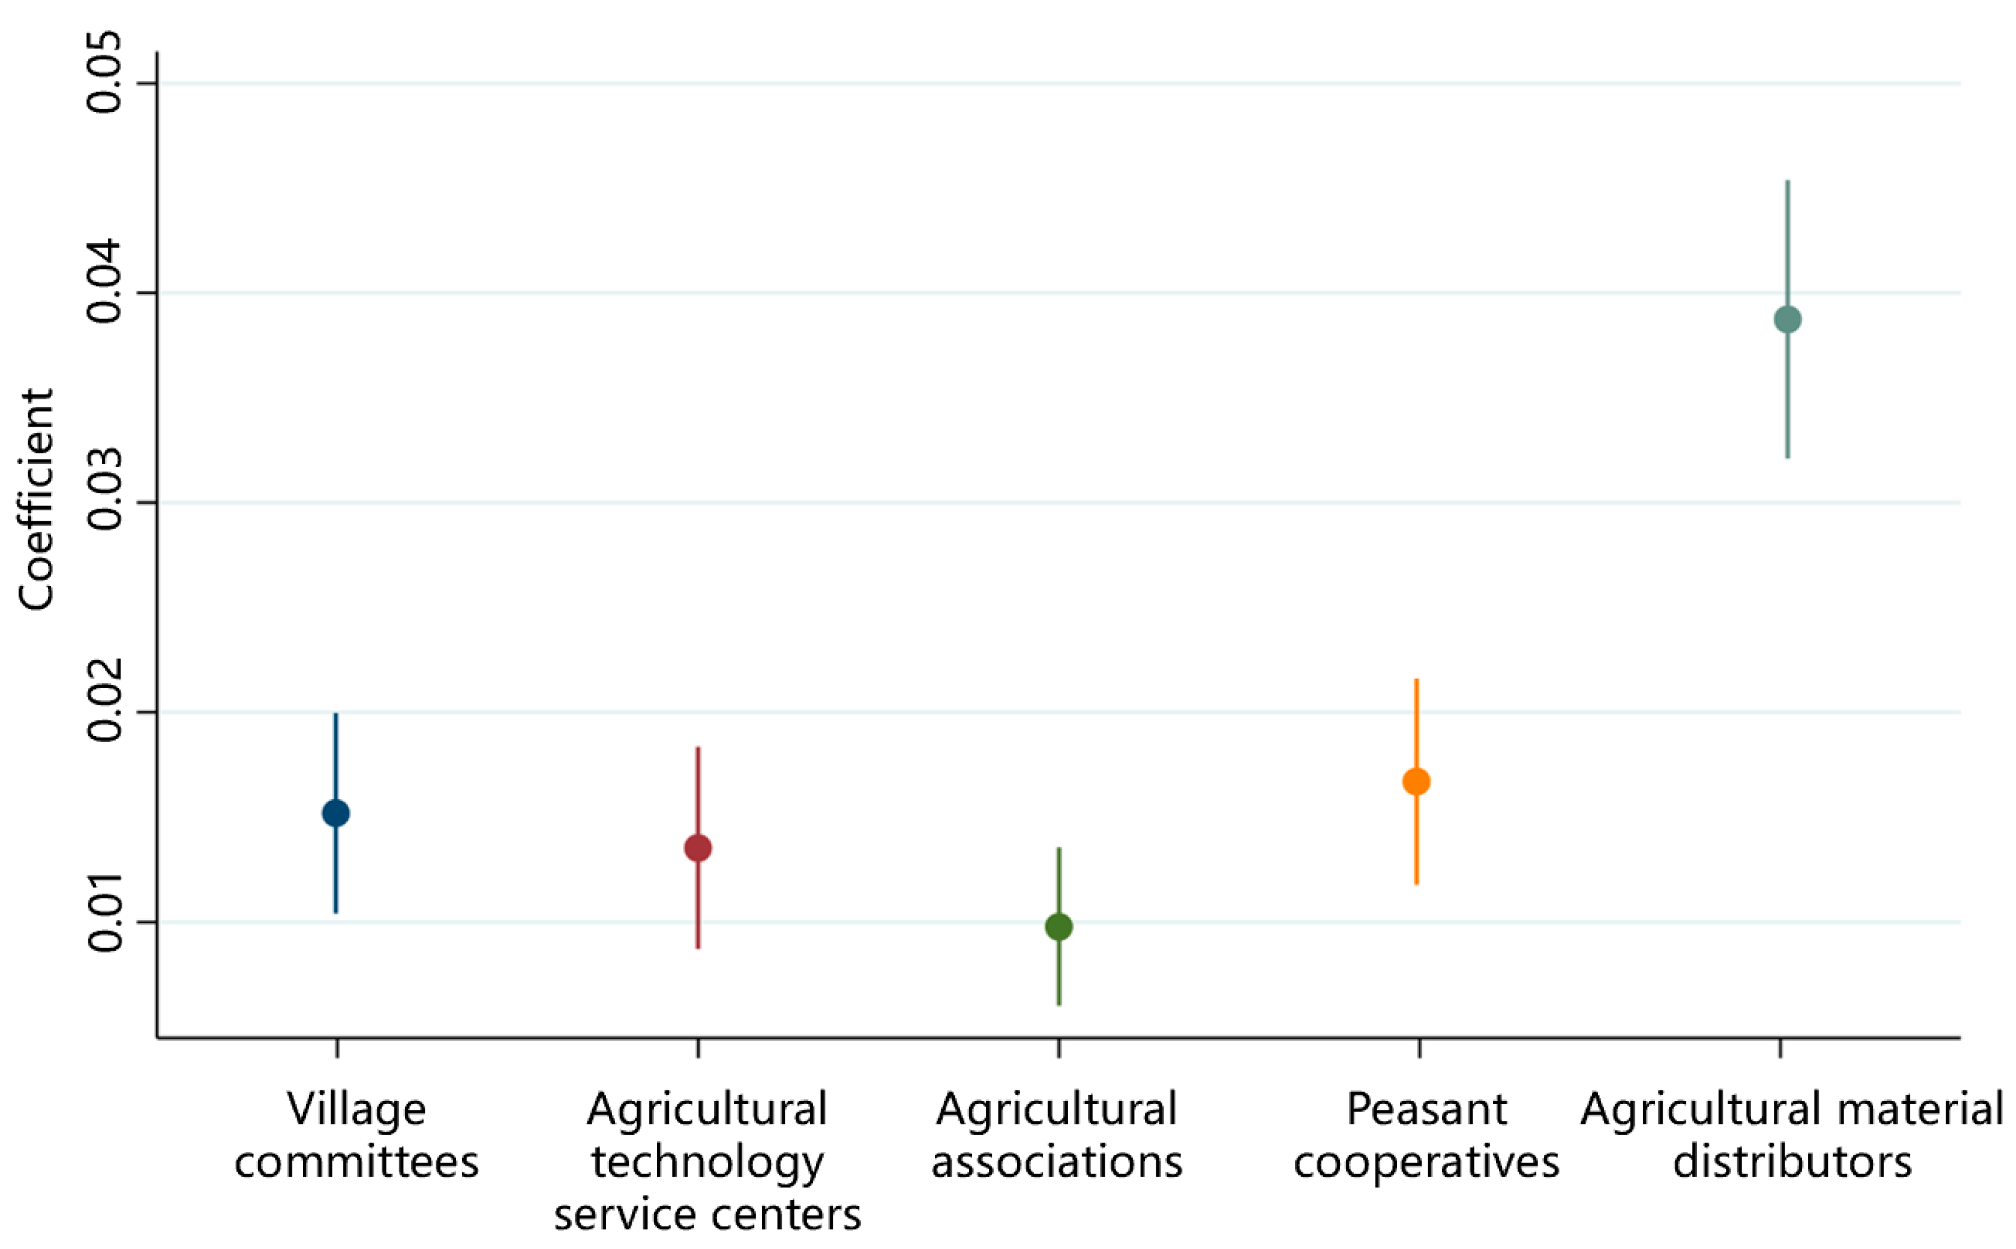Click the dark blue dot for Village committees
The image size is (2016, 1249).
(x=335, y=814)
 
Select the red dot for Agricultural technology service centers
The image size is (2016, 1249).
(x=698, y=848)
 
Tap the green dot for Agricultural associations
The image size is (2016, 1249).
(x=1059, y=927)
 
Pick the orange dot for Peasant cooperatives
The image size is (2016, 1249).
(x=1416, y=781)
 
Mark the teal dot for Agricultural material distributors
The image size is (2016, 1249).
(x=1787, y=320)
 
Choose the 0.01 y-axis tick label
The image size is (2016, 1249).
(x=105, y=922)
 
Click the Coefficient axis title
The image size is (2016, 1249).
(x=36, y=499)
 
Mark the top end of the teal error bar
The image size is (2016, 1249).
(x=1787, y=182)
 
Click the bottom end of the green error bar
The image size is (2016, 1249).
(x=1059, y=1004)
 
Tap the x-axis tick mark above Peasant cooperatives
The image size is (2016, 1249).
(x=1419, y=1047)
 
